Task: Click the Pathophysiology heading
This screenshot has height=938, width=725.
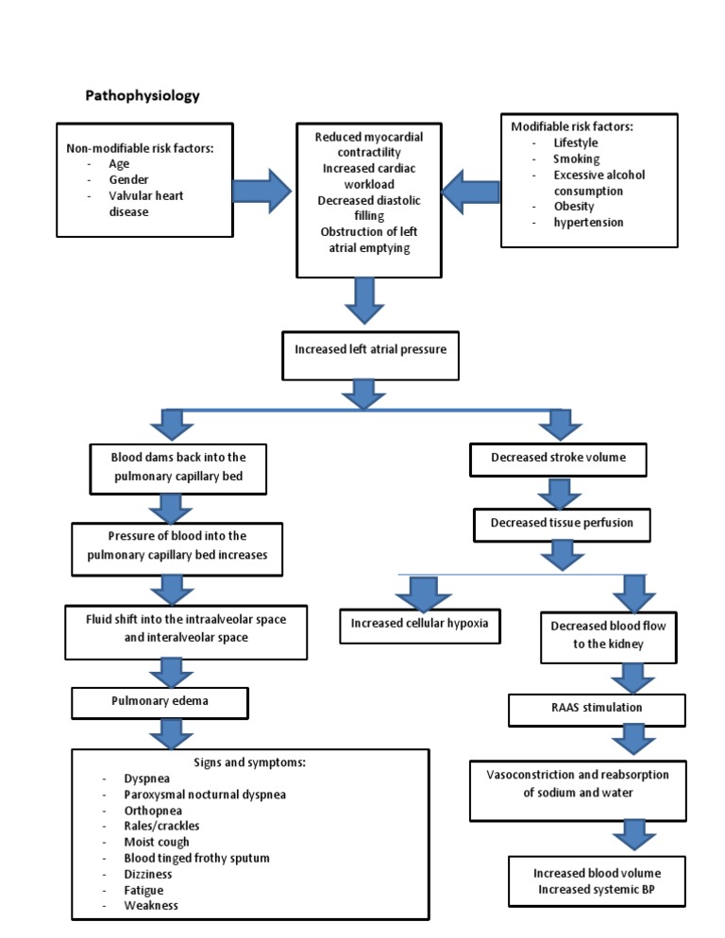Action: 143,96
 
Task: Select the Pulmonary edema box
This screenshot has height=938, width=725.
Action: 160,703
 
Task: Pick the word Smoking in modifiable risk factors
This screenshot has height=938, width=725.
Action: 576,159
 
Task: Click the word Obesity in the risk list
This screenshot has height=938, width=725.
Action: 574,207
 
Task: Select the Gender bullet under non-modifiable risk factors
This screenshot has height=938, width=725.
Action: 128,179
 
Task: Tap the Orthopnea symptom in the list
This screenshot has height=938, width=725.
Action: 153,811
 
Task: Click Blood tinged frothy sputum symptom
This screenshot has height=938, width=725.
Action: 196,858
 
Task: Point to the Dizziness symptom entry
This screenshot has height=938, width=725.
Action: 147,874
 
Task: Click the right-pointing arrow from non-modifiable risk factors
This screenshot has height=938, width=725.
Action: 263,193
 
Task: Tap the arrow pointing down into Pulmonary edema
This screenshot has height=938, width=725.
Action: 171,672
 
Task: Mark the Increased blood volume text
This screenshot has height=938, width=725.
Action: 597,873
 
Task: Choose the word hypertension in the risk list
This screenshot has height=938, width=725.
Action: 588,223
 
